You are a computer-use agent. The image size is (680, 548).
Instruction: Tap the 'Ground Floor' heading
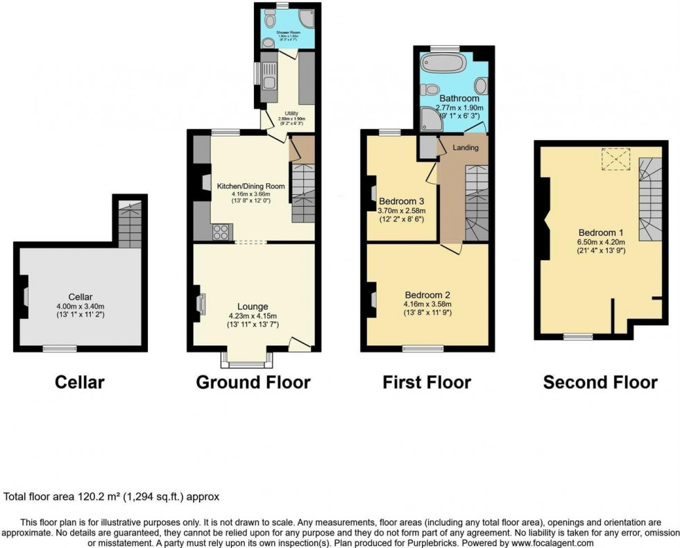[253, 382]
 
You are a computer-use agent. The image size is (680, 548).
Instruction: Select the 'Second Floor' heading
[600, 382]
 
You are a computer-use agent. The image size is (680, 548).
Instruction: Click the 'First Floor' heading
[427, 382]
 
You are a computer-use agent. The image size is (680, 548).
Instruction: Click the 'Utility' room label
[291, 113]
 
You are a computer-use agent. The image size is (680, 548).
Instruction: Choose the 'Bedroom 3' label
[402, 202]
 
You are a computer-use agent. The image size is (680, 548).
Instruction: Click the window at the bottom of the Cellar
[58, 348]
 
